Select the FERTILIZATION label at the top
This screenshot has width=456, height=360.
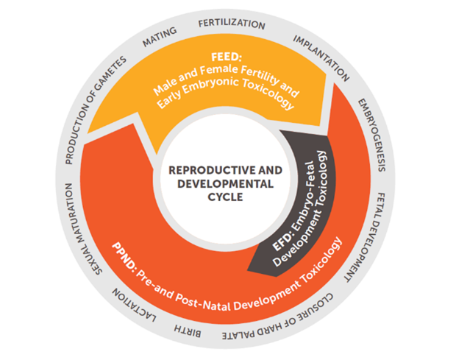(x=232, y=24)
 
